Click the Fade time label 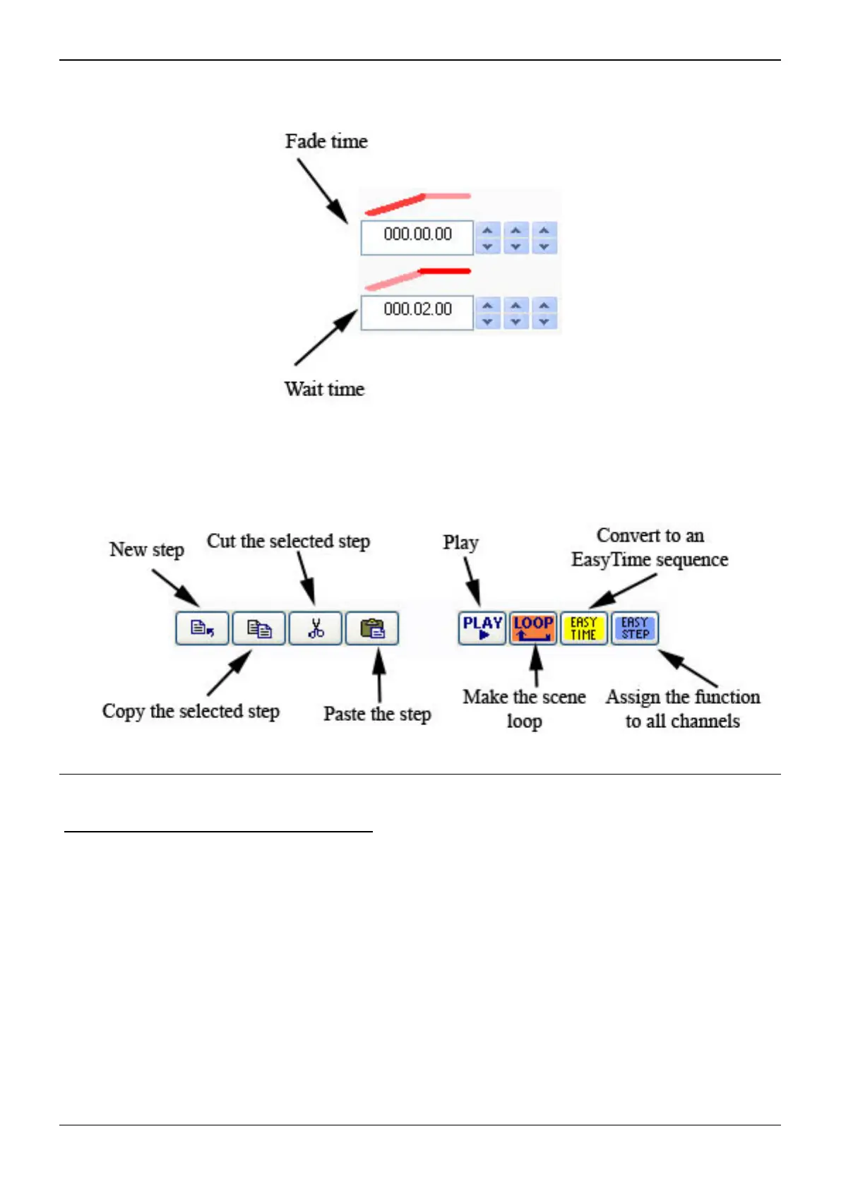(326, 141)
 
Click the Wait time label (324, 389)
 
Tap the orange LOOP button (533, 628)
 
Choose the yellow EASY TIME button (584, 628)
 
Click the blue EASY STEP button (635, 628)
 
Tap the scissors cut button (316, 628)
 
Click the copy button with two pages (259, 628)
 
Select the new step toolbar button (203, 628)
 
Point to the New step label (147, 549)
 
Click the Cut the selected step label (288, 542)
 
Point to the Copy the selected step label (191, 711)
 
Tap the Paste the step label (377, 714)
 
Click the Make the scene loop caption (525, 709)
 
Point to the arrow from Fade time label (322, 191)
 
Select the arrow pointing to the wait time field (325, 339)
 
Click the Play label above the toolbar (460, 542)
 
